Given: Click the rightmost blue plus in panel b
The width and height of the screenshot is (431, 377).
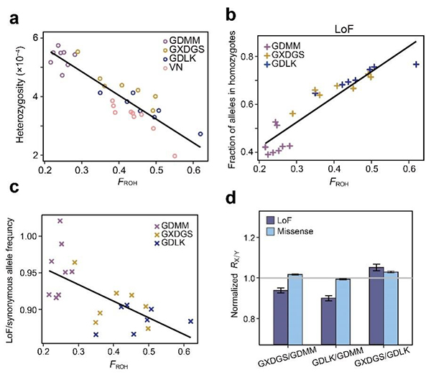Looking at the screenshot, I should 417,65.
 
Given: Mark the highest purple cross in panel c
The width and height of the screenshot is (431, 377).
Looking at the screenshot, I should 60,220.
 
